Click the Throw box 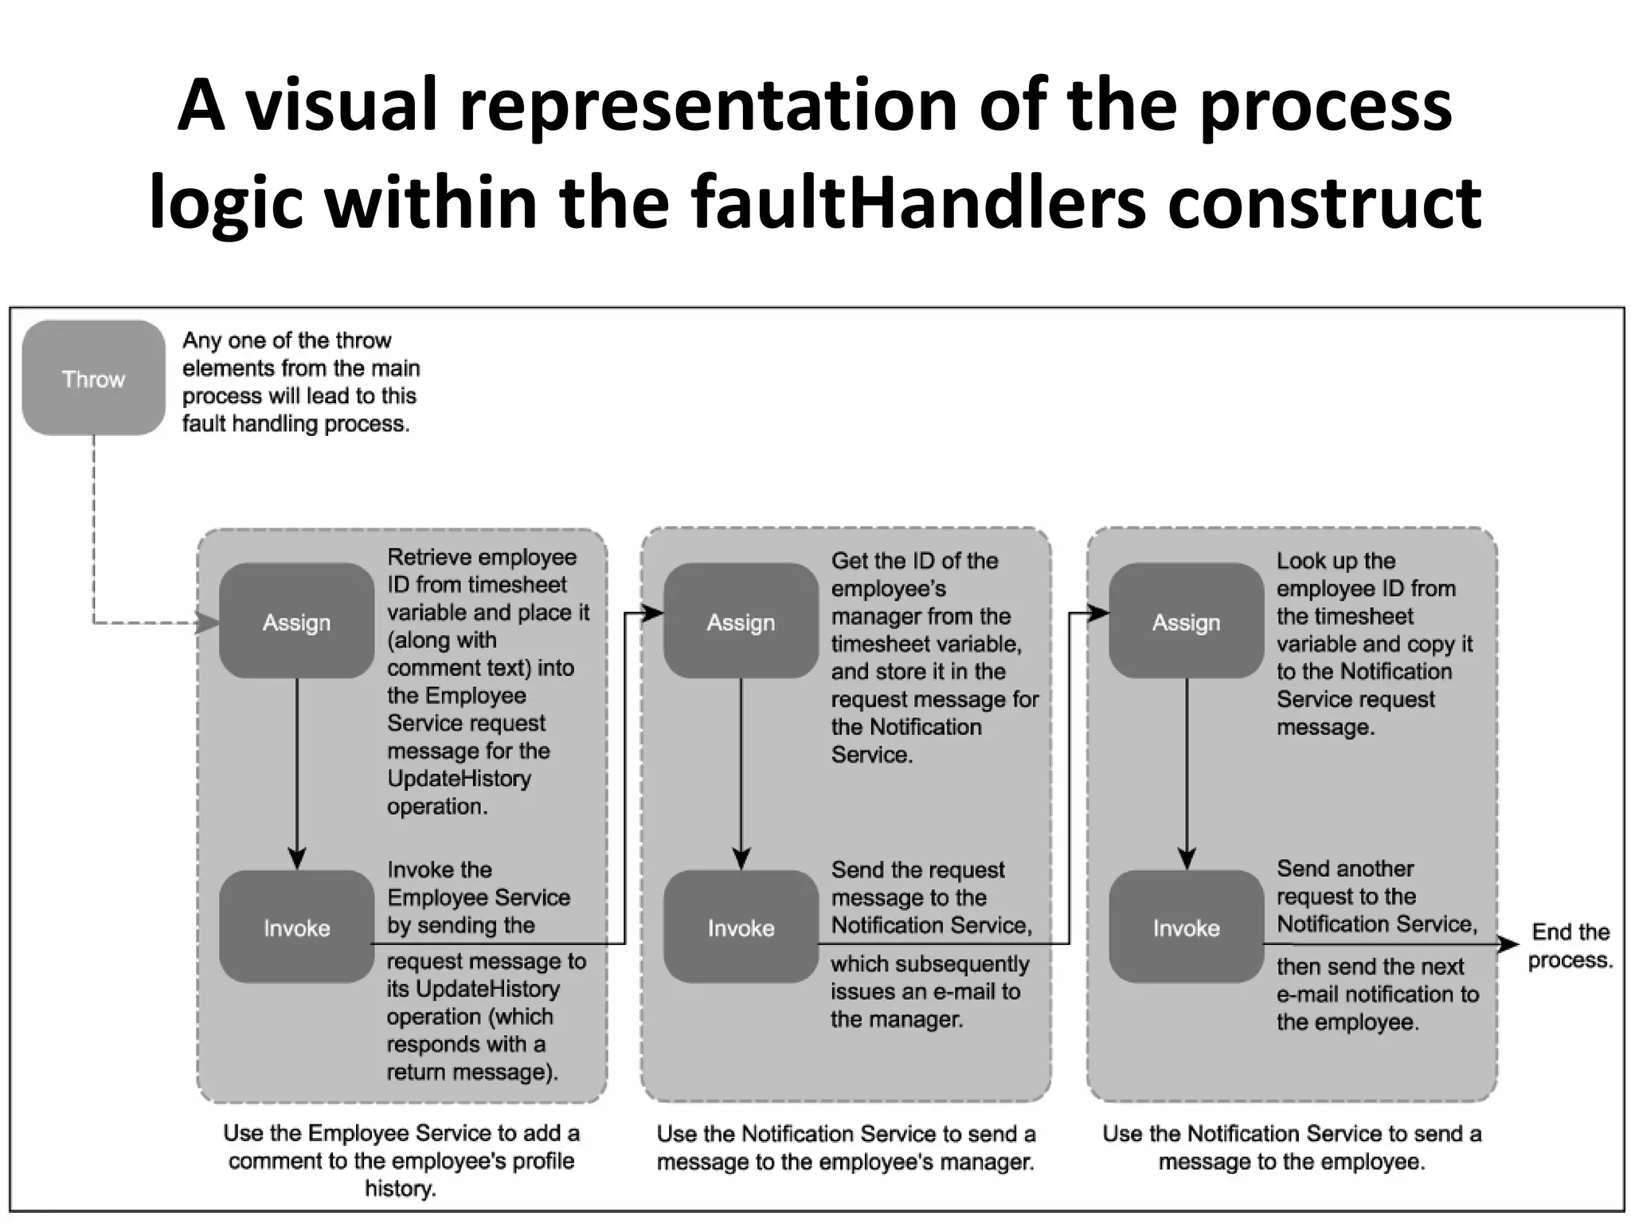(x=93, y=378)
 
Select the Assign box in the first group (x=296, y=622)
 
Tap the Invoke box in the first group (x=296, y=927)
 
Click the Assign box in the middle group (x=741, y=622)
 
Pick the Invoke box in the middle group (x=741, y=927)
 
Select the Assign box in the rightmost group (x=1186, y=622)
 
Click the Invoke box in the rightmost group (x=1186, y=927)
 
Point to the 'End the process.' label (x=1570, y=946)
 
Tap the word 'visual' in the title (x=342, y=105)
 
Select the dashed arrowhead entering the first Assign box (x=208, y=622)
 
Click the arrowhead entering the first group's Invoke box (x=297, y=859)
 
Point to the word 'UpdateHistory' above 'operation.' (x=459, y=779)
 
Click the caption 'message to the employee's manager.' (x=845, y=1162)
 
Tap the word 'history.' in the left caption (x=401, y=1189)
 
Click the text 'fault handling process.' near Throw (x=295, y=424)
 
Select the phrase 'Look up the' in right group (x=1336, y=561)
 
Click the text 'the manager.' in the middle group (x=896, y=1019)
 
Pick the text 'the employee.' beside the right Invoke (x=1347, y=1022)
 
